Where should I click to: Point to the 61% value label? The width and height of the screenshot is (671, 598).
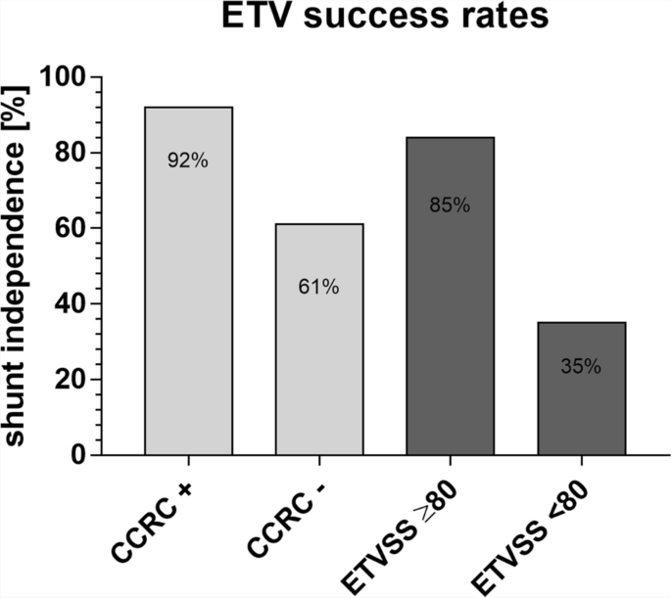[319, 287]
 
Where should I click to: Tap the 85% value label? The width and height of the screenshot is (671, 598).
[450, 206]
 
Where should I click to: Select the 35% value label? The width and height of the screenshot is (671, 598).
[581, 368]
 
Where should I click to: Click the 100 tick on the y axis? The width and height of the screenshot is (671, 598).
[60, 77]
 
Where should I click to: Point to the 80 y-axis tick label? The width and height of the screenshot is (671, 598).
[66, 153]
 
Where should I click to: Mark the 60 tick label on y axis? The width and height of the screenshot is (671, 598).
[66, 228]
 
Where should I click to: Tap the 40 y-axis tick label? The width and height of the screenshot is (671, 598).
[66, 304]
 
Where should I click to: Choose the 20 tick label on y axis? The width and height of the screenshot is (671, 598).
[66, 380]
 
